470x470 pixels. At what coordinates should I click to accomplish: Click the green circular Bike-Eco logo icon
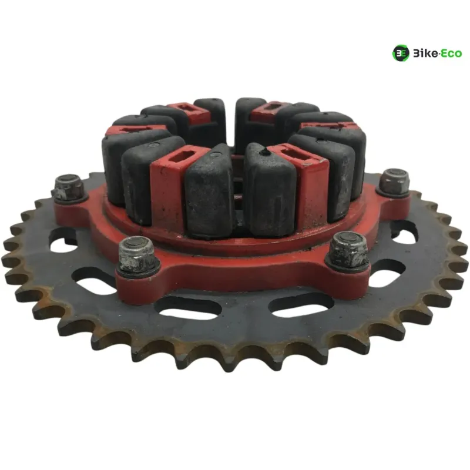(x=401, y=53)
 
